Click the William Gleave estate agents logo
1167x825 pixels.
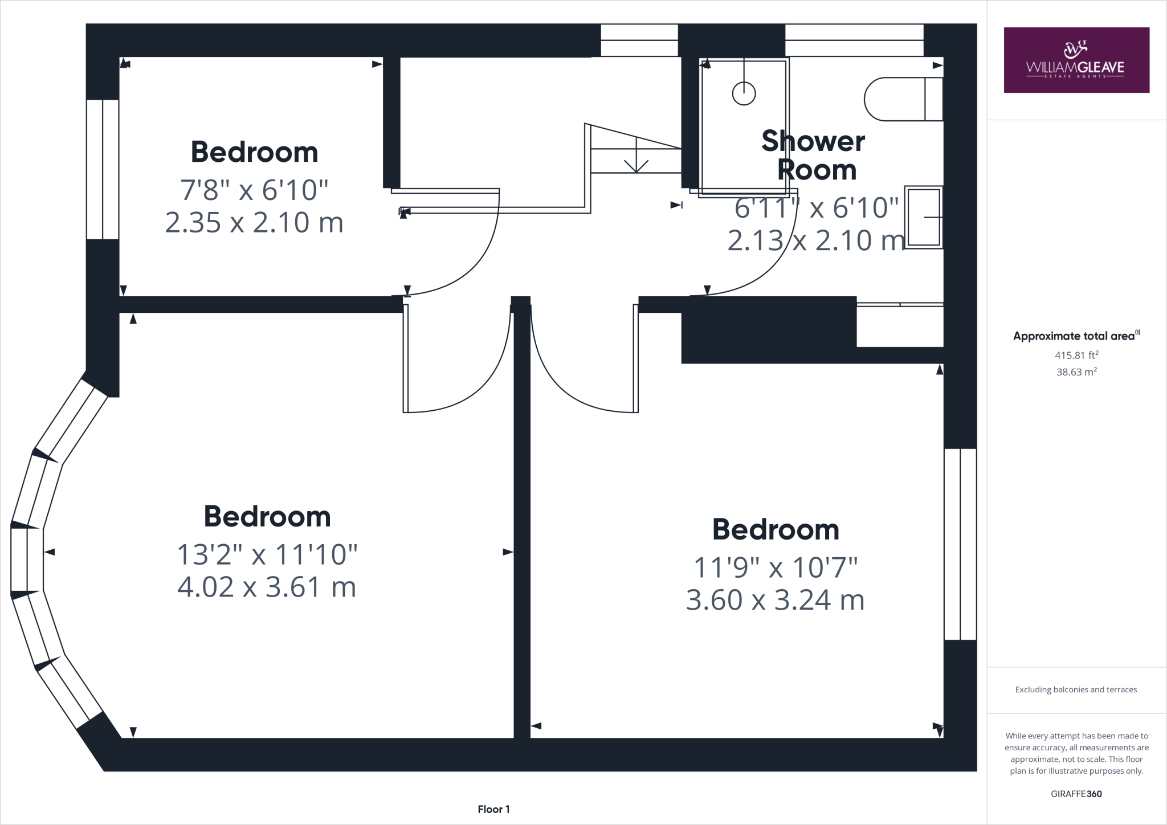point(1076,60)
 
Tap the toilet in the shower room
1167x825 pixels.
point(903,99)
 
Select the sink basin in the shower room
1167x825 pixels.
point(923,217)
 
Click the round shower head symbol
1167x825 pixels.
point(744,93)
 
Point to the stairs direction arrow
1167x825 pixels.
point(635,162)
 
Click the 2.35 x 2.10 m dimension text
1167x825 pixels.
point(254,222)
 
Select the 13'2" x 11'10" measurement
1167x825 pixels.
point(267,554)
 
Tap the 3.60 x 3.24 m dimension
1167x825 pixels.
point(775,600)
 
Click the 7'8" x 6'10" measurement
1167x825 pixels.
point(254,190)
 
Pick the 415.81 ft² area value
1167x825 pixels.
point(1076,355)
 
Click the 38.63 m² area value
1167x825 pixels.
point(1076,372)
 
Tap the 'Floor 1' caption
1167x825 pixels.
point(493,809)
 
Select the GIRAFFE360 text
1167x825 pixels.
point(1076,794)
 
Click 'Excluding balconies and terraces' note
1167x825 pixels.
point(1076,689)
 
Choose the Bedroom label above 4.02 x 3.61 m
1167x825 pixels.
point(267,517)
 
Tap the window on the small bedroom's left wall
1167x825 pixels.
point(103,169)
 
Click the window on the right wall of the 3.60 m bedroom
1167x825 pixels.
point(960,544)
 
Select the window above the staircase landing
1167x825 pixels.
point(639,40)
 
